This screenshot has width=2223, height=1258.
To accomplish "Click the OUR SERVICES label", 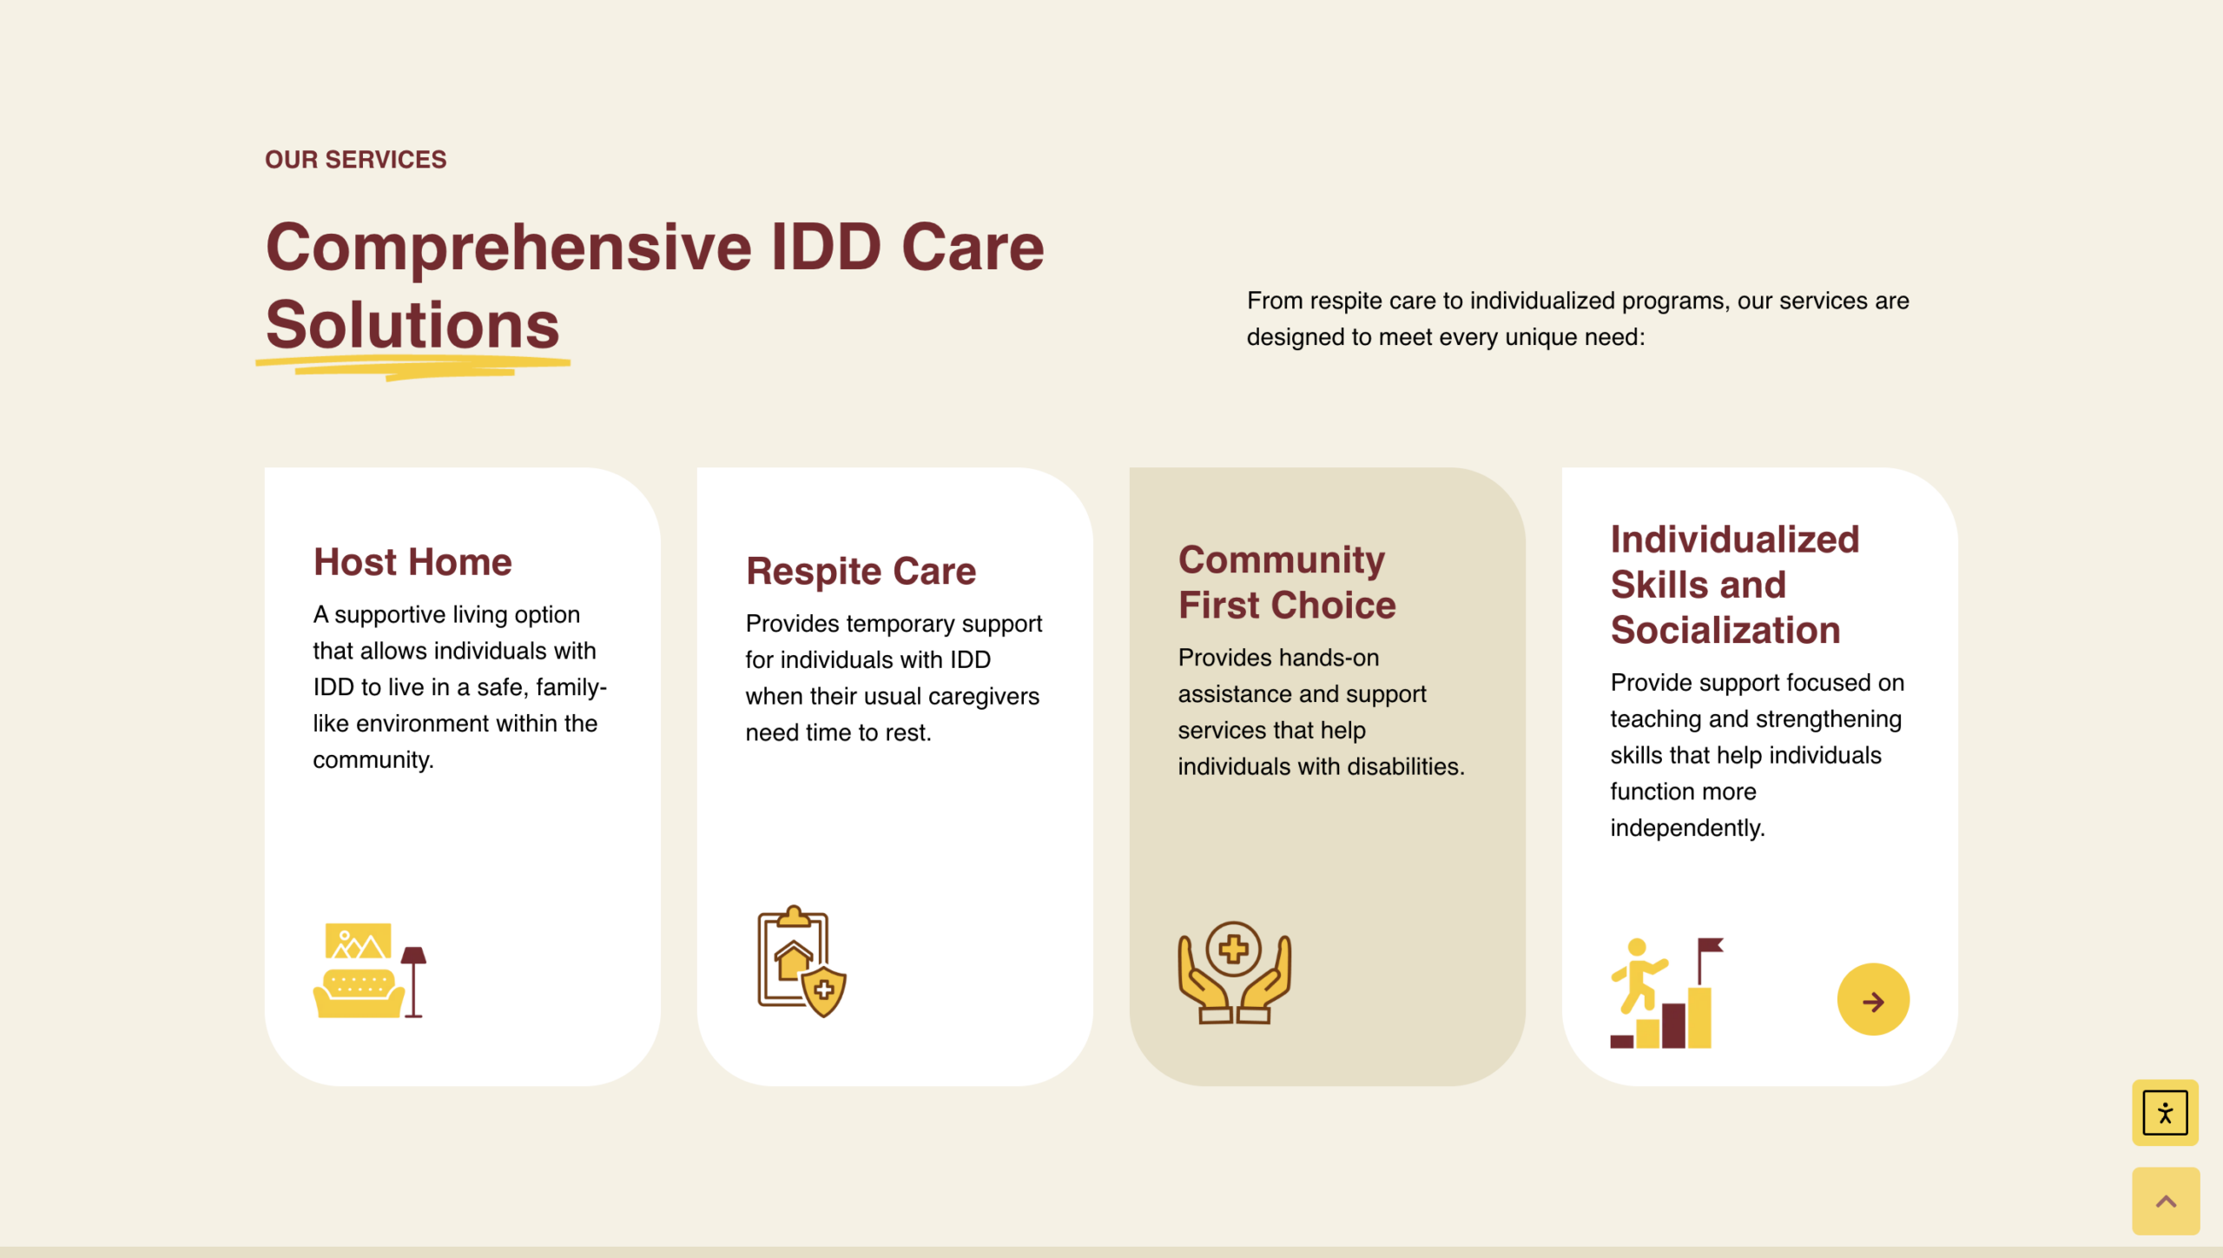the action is [355, 160].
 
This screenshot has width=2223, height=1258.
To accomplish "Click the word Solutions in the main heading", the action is [412, 325].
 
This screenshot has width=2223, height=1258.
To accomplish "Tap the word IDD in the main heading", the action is [826, 247].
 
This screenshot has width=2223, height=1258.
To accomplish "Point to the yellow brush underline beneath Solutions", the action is [412, 368].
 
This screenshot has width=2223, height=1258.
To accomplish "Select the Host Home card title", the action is [412, 562].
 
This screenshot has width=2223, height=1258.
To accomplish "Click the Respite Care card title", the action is [861, 571].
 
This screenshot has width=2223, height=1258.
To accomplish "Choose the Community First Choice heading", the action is [1287, 582].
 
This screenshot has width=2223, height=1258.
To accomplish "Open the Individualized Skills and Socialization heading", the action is [1735, 585].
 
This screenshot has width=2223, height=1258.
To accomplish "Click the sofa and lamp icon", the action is [370, 970].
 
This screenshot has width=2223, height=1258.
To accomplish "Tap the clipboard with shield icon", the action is [801, 962].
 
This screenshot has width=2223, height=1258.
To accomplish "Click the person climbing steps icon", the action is [1666, 993].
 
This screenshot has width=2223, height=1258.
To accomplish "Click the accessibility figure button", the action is [2165, 1113].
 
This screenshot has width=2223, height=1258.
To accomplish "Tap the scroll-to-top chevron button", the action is [2166, 1202].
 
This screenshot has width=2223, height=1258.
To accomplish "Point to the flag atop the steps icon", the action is [1710, 947].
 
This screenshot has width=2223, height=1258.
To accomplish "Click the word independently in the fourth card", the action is [1687, 829].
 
